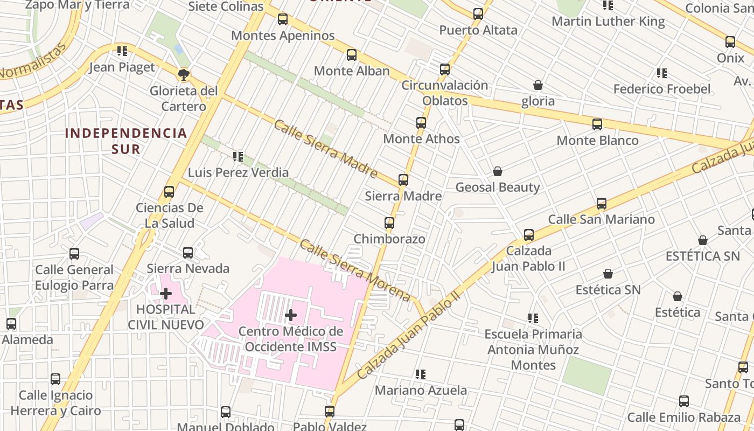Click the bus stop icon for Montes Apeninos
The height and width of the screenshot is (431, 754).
(x=283, y=20)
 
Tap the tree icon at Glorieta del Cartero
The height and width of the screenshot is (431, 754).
(x=184, y=75)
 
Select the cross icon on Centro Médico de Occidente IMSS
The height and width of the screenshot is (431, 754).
(x=291, y=315)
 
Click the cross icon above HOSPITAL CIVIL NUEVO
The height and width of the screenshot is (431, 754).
(x=166, y=294)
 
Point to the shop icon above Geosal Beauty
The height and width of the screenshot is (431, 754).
(x=498, y=172)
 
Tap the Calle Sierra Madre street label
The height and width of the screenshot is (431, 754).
(x=325, y=149)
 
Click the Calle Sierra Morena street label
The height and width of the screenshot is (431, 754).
(x=355, y=270)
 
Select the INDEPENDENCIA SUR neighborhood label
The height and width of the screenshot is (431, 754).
(x=126, y=141)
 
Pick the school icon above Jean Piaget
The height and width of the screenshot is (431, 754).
(x=122, y=52)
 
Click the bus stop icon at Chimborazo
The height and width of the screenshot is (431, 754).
(x=389, y=223)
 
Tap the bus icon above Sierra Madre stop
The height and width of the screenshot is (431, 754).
(x=403, y=180)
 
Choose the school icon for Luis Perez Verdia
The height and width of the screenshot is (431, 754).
(x=238, y=157)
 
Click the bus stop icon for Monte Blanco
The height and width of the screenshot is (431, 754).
(x=597, y=125)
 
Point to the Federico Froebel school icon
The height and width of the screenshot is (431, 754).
(x=662, y=73)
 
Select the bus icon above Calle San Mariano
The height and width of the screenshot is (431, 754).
(x=602, y=204)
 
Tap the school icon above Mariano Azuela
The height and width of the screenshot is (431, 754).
(x=421, y=374)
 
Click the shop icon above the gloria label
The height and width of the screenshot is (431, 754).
(x=537, y=86)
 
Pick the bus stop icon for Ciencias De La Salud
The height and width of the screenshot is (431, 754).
(x=169, y=192)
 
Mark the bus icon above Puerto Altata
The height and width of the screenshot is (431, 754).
(x=478, y=15)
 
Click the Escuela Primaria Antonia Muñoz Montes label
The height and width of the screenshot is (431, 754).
(x=533, y=349)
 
